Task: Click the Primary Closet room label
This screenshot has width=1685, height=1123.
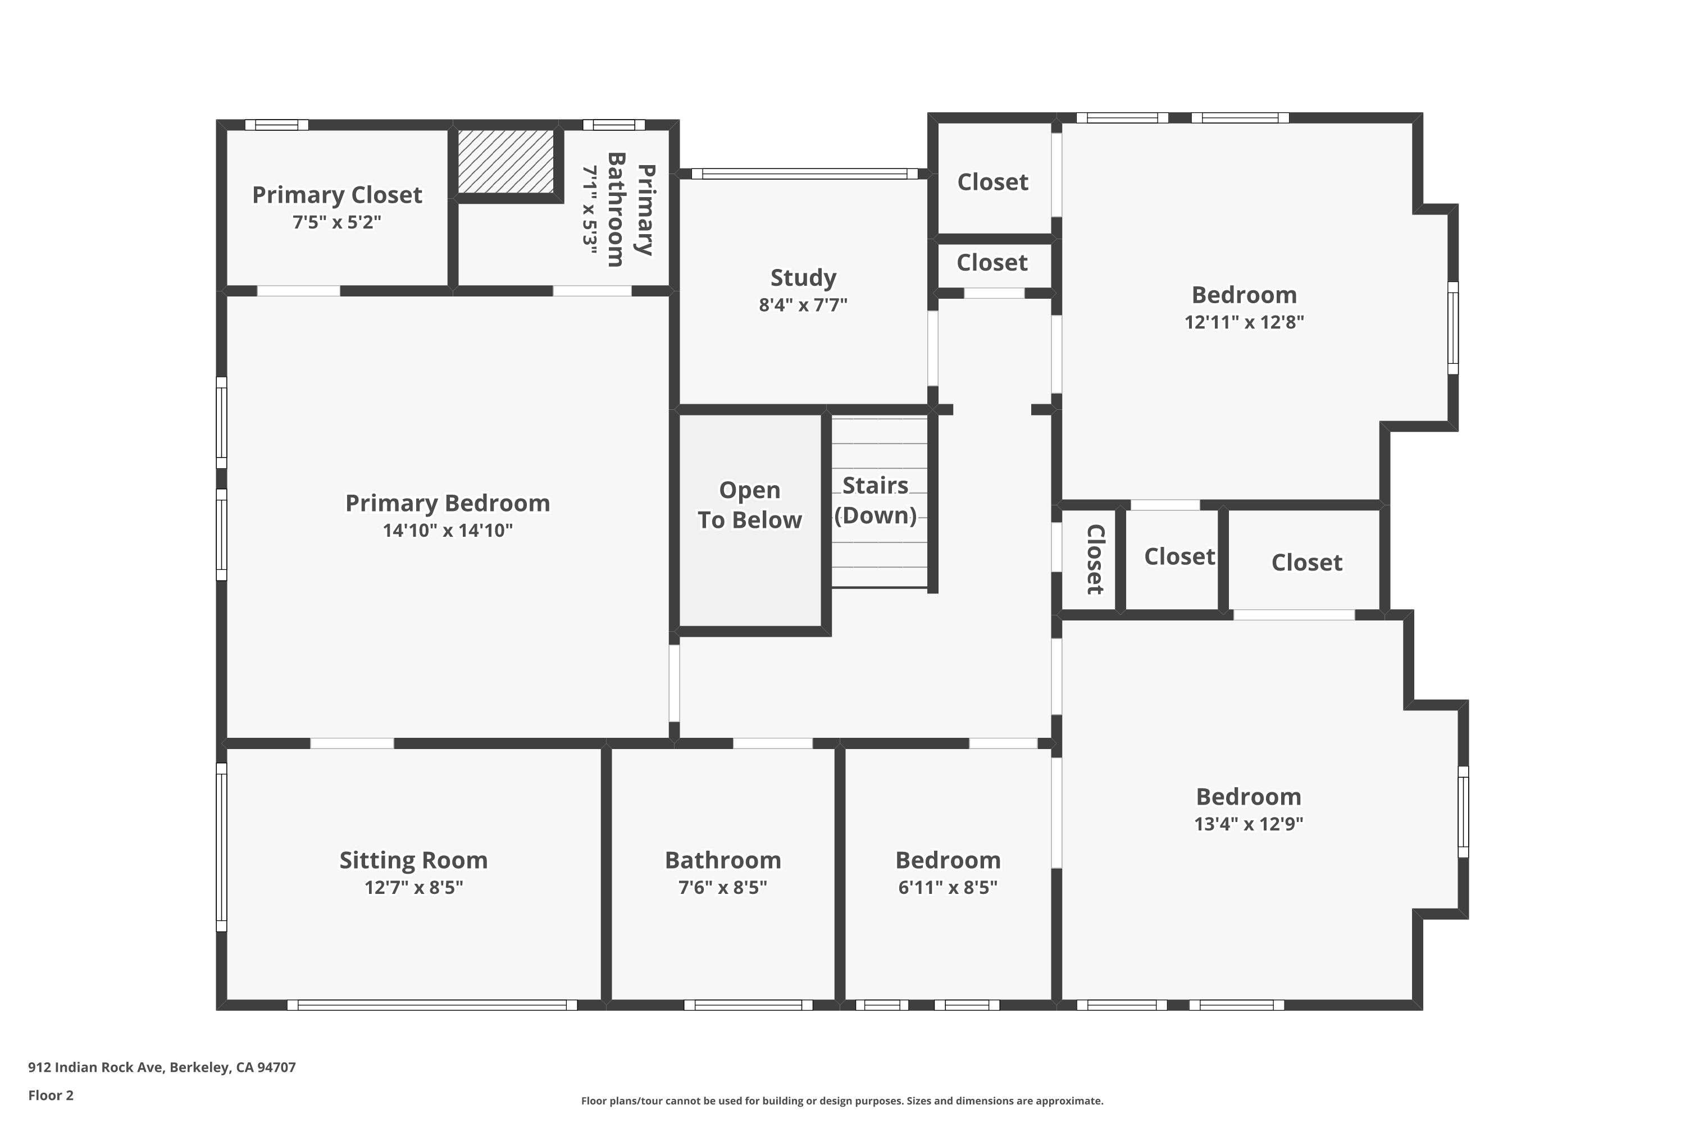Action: (x=336, y=195)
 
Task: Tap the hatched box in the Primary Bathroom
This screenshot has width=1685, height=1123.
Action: (x=506, y=161)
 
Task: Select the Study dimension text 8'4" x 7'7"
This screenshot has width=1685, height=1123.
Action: (x=803, y=305)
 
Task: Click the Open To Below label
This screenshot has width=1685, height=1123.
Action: (x=749, y=505)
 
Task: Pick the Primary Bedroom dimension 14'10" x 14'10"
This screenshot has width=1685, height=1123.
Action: (x=447, y=531)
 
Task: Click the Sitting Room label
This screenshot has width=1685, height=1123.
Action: (x=413, y=860)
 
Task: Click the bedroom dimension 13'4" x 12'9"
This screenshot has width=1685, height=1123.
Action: (x=1248, y=824)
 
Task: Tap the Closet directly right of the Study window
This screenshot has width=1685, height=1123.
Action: (x=992, y=182)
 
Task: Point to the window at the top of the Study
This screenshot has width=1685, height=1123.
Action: (x=804, y=174)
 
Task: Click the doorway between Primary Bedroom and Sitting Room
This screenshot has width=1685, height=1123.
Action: (x=352, y=743)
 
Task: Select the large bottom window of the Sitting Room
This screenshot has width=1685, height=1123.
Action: (x=432, y=1005)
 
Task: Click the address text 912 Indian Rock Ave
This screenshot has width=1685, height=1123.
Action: (x=161, y=1067)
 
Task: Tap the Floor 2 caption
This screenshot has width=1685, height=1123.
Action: (x=51, y=1095)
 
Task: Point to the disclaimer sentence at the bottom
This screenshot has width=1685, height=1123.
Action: (x=842, y=1101)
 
